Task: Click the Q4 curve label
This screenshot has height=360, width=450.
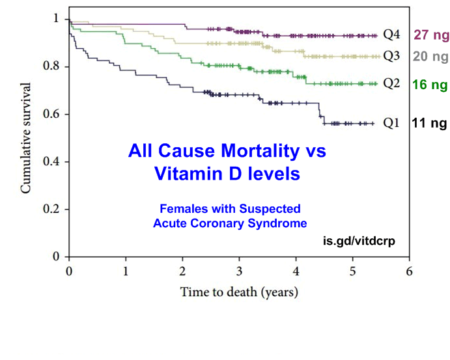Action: [391, 35]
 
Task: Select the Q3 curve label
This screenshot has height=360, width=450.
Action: [391, 56]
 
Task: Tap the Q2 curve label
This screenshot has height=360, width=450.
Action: [391, 83]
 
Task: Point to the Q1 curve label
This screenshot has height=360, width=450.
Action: [391, 122]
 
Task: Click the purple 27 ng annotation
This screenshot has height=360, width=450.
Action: [430, 35]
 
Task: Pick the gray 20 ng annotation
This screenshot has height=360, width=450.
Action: [430, 56]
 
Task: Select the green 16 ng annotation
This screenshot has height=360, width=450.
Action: [430, 85]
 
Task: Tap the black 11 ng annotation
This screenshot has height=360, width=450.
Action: [430, 122]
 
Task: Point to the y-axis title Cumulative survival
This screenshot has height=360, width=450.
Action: [27, 137]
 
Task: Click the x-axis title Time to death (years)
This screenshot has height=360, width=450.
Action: [239, 292]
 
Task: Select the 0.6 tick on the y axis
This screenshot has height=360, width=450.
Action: [55, 115]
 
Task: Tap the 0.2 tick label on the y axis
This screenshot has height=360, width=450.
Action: [55, 210]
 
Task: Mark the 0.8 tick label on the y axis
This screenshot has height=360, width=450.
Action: [55, 66]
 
